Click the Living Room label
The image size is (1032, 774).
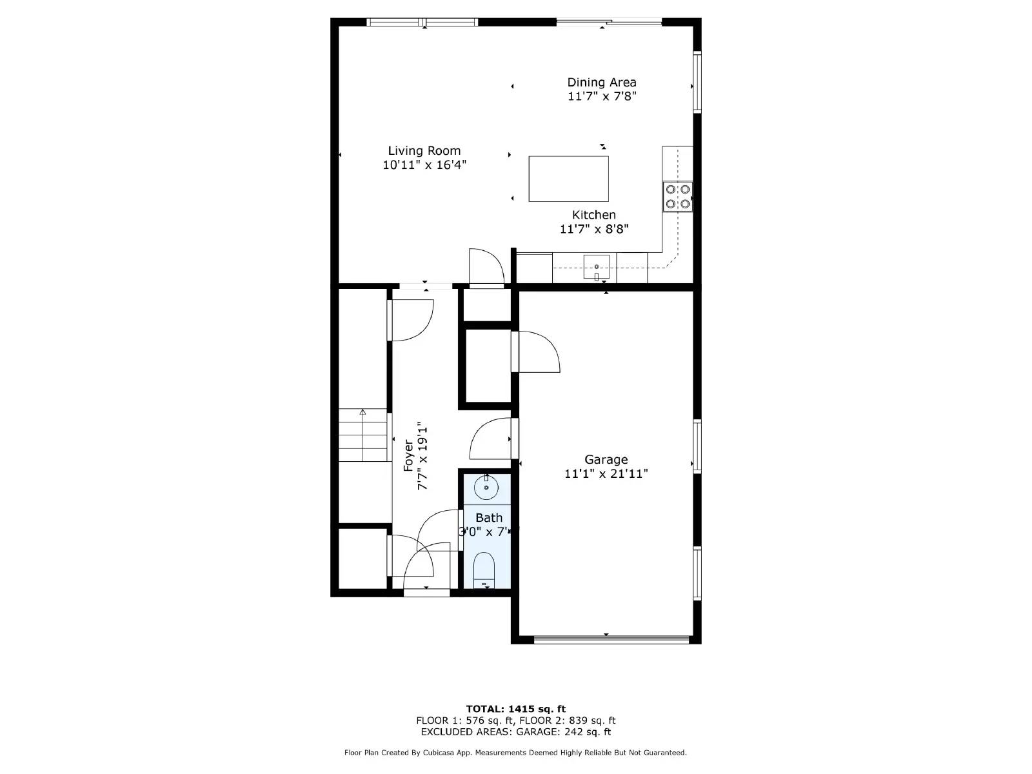(x=424, y=151)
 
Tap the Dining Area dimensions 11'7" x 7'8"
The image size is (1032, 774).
(x=602, y=97)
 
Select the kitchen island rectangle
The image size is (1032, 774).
(x=568, y=179)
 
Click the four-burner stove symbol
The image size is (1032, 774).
(x=678, y=196)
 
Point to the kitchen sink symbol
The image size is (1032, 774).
(x=597, y=267)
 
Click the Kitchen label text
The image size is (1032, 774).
(x=593, y=215)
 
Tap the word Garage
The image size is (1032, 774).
(x=606, y=459)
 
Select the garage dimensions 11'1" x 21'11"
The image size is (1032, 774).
(x=606, y=474)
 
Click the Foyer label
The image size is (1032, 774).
(x=408, y=455)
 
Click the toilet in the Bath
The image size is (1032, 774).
(x=484, y=570)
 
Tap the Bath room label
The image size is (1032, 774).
(x=489, y=517)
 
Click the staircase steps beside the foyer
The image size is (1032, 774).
(x=362, y=435)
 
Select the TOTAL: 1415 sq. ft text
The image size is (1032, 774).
(x=515, y=709)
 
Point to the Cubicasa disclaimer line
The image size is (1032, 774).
(x=515, y=753)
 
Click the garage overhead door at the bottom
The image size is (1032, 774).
(x=611, y=640)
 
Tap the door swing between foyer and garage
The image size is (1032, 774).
(x=493, y=439)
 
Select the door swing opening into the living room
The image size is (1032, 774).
(x=486, y=268)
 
